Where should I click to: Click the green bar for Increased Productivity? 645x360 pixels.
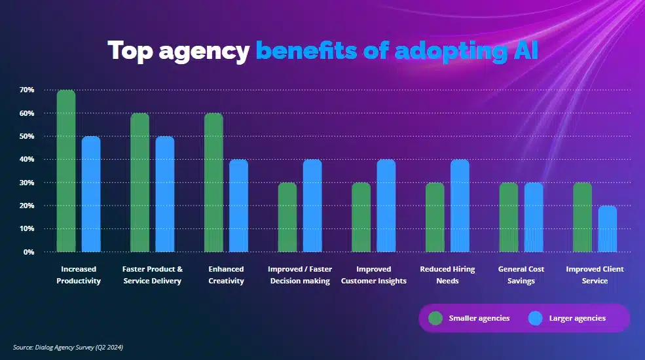click(66, 171)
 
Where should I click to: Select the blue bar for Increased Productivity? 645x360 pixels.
click(91, 194)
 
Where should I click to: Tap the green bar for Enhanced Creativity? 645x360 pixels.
click(213, 183)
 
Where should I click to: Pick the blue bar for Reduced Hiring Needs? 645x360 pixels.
click(460, 206)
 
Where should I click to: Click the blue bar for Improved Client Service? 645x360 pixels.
click(607, 228)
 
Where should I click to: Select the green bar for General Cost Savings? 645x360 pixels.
click(508, 217)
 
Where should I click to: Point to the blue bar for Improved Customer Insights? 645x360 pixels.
click(386, 206)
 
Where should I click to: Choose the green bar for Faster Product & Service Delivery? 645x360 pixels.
click(140, 183)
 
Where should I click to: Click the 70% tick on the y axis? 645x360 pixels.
click(26, 90)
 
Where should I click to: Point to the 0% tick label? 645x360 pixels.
click(28, 252)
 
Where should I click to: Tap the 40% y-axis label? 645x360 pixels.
click(26, 159)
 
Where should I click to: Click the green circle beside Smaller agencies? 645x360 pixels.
click(435, 319)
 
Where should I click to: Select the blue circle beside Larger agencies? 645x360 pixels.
click(536, 319)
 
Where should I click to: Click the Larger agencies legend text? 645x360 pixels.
click(577, 319)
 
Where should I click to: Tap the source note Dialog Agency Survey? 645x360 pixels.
click(68, 348)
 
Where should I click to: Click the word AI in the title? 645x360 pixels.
click(523, 50)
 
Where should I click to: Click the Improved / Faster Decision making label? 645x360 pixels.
click(300, 275)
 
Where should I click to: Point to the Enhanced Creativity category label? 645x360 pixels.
click(226, 275)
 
